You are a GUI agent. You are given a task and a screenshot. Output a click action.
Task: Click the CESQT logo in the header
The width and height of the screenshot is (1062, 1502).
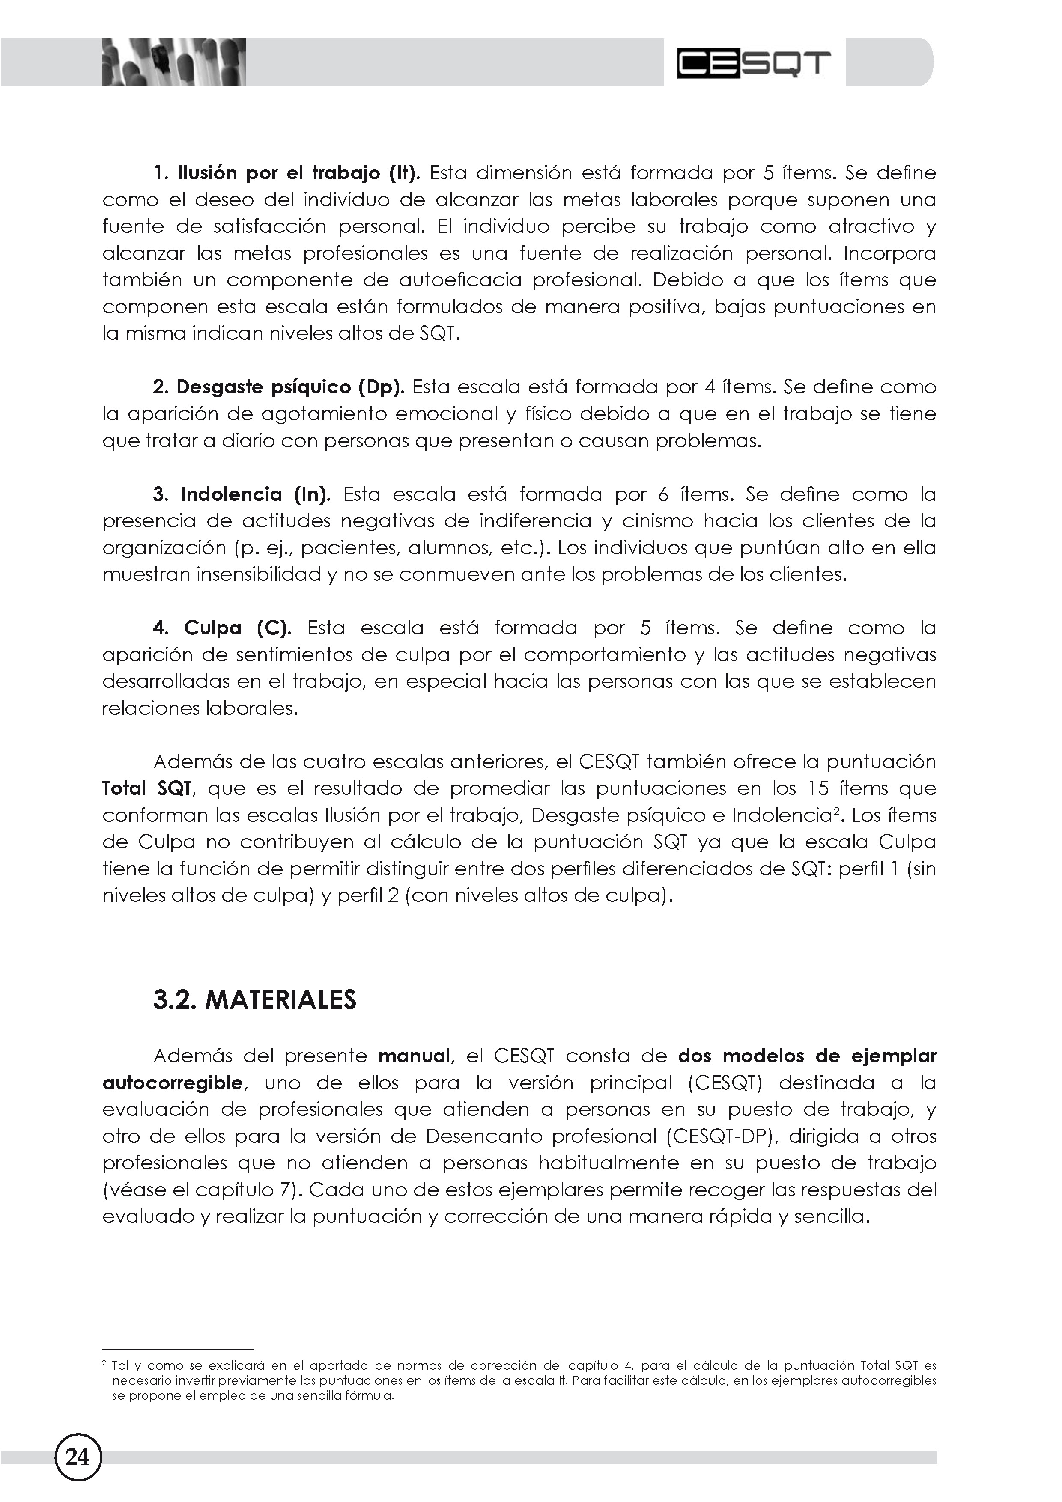pyautogui.click(x=753, y=63)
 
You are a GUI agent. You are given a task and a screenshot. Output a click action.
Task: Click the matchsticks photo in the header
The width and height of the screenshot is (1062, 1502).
pyautogui.click(x=173, y=62)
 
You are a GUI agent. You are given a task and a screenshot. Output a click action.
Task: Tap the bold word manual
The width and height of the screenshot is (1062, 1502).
pyautogui.click(x=414, y=1056)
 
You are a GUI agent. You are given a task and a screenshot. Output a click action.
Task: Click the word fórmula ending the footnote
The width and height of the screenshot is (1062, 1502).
pyautogui.click(x=370, y=1395)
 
